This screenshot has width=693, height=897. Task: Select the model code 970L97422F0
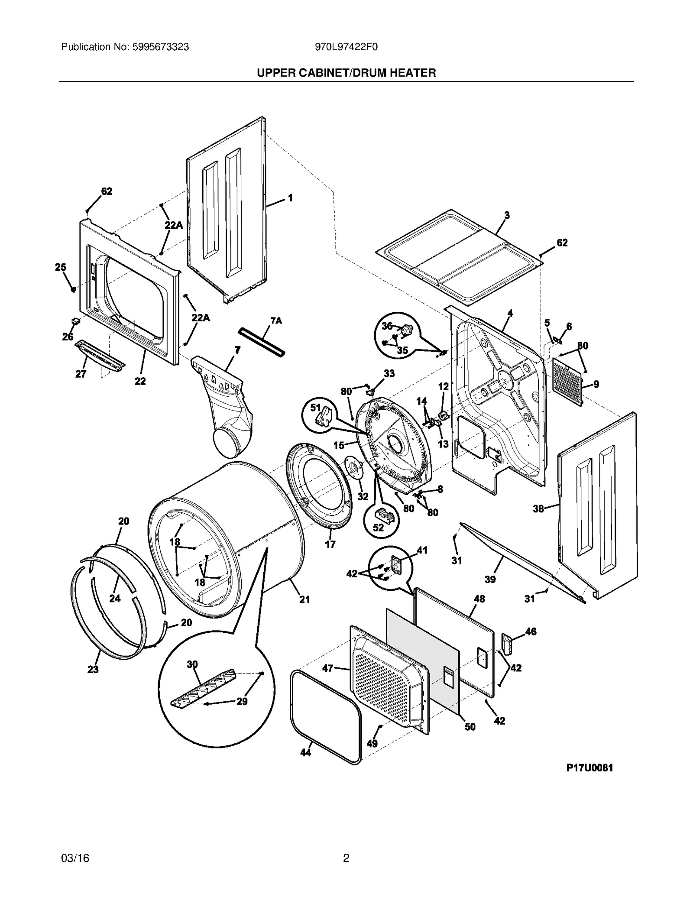point(346,47)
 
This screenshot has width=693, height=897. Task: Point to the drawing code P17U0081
point(589,768)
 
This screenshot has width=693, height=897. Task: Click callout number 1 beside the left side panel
point(290,198)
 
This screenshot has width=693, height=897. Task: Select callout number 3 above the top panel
point(507,215)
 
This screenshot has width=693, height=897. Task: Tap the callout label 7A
point(276,321)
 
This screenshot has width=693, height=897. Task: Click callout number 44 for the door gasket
point(306,753)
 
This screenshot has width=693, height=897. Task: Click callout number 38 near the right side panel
point(538,508)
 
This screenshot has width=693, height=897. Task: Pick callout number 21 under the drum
point(304,599)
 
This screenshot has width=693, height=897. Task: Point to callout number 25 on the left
point(61,267)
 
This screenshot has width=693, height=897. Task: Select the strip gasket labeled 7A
point(262,342)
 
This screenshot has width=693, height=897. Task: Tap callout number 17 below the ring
point(330,544)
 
